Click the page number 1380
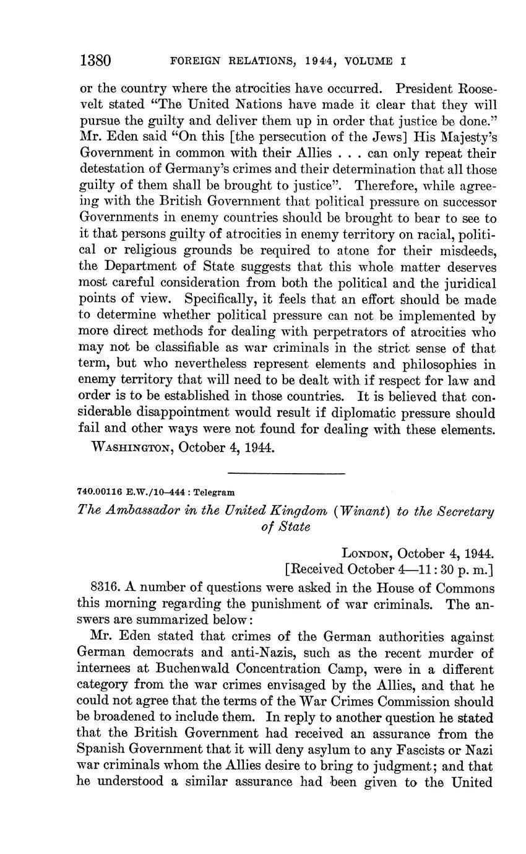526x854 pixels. click(95, 61)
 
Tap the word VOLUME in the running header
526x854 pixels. click(370, 61)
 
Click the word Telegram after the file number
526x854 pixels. click(214, 492)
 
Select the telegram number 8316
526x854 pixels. click(105, 588)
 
